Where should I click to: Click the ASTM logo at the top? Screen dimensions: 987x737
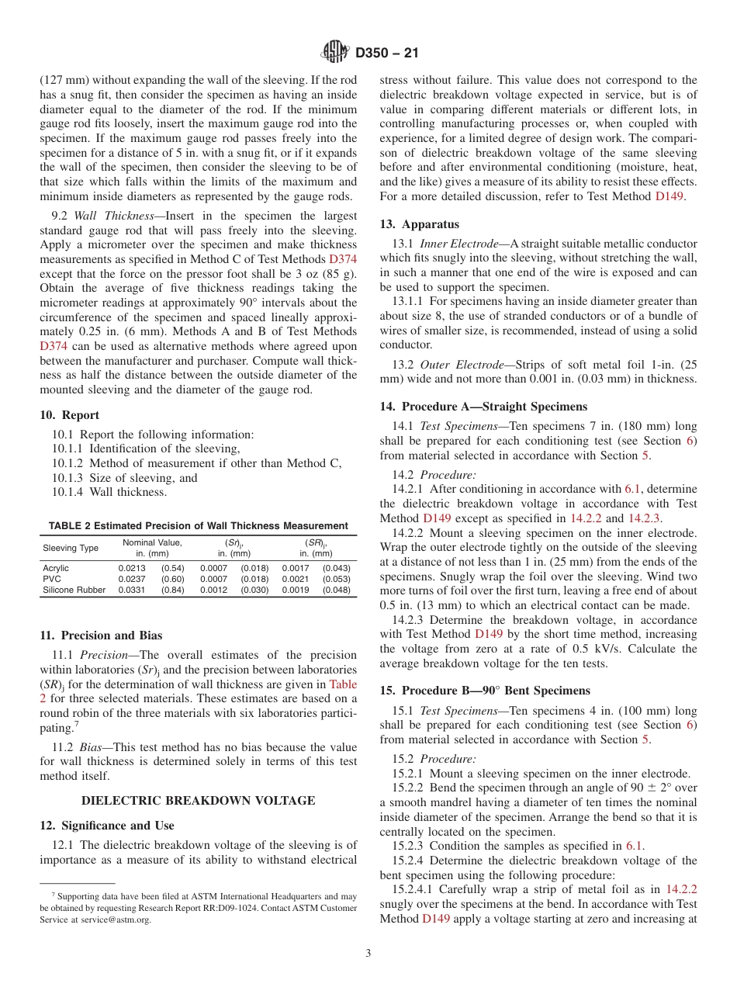click(x=335, y=54)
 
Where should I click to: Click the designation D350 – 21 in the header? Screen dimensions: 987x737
click(x=387, y=54)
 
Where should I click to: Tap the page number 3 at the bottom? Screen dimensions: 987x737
click(x=368, y=954)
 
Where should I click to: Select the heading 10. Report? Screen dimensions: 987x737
click(x=69, y=415)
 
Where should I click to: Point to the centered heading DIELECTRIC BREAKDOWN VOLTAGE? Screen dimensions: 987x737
click(x=199, y=800)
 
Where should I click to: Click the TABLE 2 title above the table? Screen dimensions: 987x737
click(x=199, y=525)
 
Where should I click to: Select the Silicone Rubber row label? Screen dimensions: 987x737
click(x=74, y=590)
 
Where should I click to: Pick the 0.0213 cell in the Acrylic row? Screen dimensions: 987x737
click(x=131, y=568)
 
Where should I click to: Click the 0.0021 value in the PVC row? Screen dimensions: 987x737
click(x=295, y=579)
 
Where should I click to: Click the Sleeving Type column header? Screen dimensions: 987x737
click(x=71, y=548)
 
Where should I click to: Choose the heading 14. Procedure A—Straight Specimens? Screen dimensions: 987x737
click(x=483, y=407)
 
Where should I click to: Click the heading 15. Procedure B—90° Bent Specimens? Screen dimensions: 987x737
click(x=485, y=691)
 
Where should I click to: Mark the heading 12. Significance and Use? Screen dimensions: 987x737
click(x=107, y=826)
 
